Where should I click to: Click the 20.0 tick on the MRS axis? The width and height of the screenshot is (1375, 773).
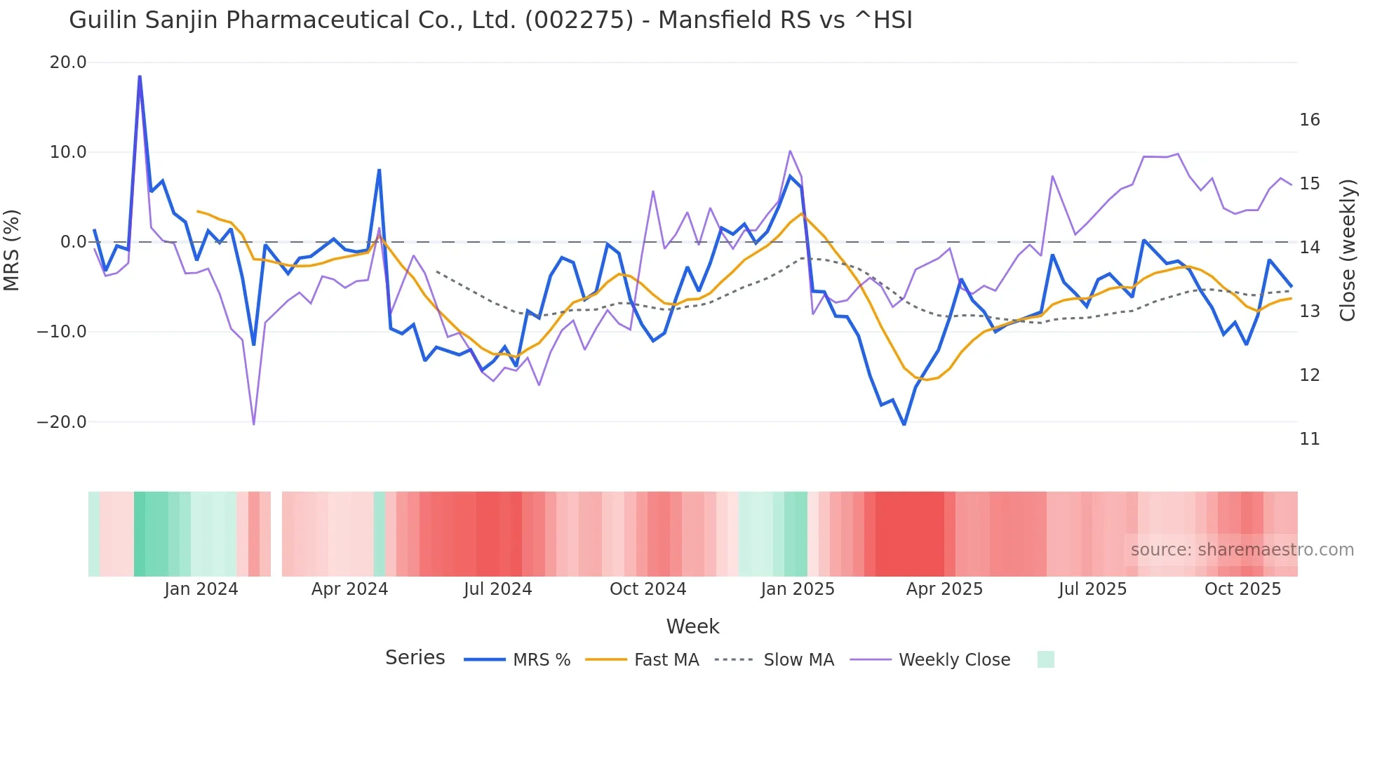click(68, 62)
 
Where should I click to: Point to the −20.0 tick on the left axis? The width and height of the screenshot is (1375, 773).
click(62, 422)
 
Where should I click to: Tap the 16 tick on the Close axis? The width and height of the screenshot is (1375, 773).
click(1309, 120)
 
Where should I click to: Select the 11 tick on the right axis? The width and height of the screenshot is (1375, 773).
click(1309, 439)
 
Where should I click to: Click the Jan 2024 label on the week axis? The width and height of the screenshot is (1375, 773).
click(201, 589)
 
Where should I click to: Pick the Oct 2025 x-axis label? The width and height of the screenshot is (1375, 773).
click(1242, 589)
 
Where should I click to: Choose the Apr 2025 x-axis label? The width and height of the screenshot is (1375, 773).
click(944, 589)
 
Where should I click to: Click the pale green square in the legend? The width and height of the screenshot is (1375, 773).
click(1045, 659)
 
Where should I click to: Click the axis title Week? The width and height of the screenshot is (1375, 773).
click(692, 626)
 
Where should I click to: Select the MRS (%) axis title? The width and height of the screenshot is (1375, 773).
click(12, 250)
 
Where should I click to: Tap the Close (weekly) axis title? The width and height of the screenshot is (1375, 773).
click(1347, 250)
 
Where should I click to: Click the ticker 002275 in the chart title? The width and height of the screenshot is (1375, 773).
click(579, 20)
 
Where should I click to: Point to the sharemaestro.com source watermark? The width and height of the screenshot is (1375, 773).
click(1242, 550)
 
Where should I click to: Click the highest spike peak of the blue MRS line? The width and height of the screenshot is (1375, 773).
click(140, 76)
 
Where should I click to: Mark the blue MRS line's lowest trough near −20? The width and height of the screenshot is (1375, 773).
click(904, 424)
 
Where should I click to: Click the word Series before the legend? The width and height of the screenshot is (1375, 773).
click(415, 658)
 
